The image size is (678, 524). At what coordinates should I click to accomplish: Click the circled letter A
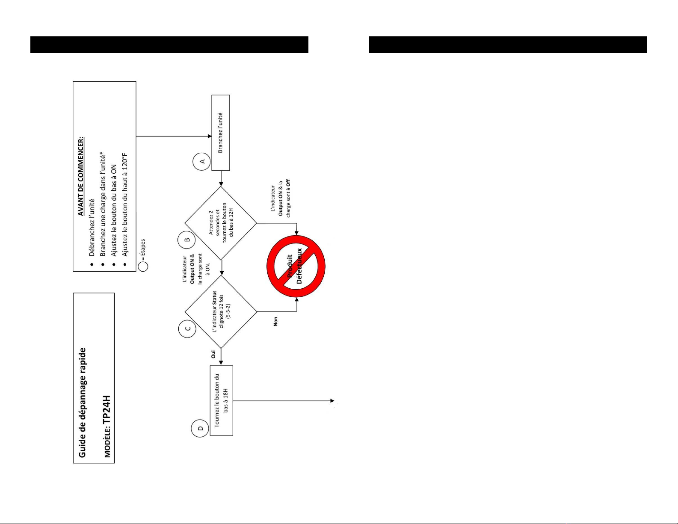(x=202, y=162)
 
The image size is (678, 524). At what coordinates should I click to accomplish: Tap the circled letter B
(x=187, y=240)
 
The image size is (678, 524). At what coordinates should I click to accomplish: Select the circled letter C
(x=187, y=329)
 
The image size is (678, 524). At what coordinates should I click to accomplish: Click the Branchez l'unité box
(x=221, y=133)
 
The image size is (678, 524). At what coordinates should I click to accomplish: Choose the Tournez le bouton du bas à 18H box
(x=221, y=400)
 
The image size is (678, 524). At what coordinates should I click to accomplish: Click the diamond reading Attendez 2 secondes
(x=221, y=223)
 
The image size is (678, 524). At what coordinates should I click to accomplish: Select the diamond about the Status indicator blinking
(x=221, y=312)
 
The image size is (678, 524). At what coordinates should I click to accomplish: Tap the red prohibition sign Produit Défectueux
(x=296, y=266)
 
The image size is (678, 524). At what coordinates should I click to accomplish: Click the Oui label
(x=213, y=354)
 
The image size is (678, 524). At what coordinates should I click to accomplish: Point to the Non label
(x=275, y=322)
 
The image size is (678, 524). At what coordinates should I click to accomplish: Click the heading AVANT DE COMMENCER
(x=81, y=176)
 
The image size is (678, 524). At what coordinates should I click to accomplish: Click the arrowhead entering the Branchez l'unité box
(x=210, y=136)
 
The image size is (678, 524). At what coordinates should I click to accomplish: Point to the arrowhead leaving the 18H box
(x=332, y=401)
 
